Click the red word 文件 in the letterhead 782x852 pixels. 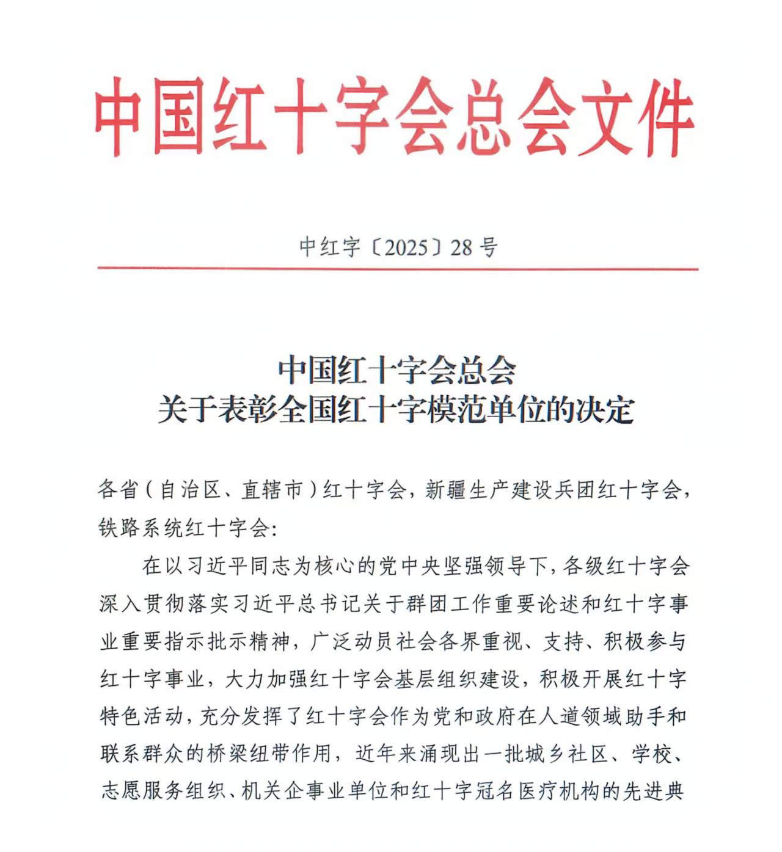[x=635, y=117]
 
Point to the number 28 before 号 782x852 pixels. [x=462, y=247]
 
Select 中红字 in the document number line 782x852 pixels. [x=330, y=247]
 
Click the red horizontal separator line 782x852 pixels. [x=397, y=268]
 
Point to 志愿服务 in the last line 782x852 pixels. [x=142, y=792]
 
